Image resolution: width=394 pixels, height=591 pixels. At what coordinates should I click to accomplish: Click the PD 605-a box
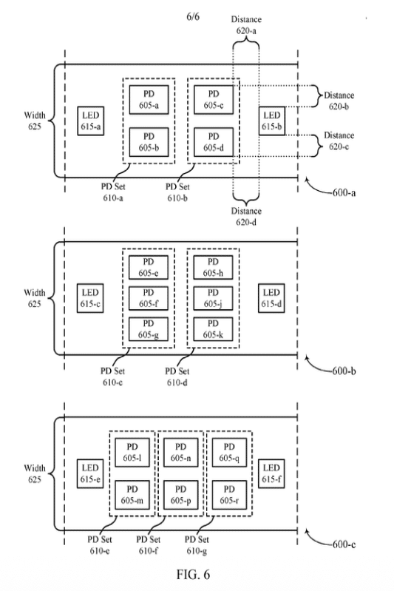pyautogui.click(x=149, y=100)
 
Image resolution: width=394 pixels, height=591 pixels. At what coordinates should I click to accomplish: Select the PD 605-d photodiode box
pyautogui.click(x=214, y=142)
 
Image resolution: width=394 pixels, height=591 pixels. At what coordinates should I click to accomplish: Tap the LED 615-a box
pyautogui.click(x=91, y=121)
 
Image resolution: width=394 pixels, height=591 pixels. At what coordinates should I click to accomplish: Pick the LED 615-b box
pyautogui.click(x=272, y=121)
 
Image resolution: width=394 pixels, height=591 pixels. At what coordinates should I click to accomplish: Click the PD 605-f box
pyautogui.click(x=149, y=298)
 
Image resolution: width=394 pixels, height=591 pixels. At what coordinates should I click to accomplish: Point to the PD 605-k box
pyautogui.click(x=213, y=329)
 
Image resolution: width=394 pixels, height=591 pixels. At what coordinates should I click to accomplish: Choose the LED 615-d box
pyautogui.click(x=271, y=298)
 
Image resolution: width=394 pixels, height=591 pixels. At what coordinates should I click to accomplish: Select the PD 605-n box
pyautogui.click(x=181, y=452)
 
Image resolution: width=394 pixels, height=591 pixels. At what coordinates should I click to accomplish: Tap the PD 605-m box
pyautogui.click(x=132, y=495)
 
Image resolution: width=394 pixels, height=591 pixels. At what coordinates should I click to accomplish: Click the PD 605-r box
pyautogui.click(x=229, y=495)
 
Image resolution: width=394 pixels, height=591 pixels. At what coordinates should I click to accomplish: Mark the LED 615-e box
pyautogui.click(x=90, y=474)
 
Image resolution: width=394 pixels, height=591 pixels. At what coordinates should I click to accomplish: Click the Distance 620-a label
pyautogui.click(x=246, y=25)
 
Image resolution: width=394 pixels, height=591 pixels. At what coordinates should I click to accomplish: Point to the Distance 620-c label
pyautogui.click(x=339, y=141)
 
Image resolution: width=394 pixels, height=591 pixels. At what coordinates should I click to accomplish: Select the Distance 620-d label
pyautogui.click(x=246, y=216)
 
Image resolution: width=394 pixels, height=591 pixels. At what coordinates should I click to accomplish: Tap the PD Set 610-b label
pyautogui.click(x=177, y=192)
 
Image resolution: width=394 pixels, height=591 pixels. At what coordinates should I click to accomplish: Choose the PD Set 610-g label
pyautogui.click(x=197, y=545)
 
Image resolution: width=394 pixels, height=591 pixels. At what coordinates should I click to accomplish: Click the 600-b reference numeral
pyautogui.click(x=344, y=371)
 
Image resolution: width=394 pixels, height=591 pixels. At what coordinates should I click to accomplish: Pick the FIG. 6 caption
pyautogui.click(x=193, y=575)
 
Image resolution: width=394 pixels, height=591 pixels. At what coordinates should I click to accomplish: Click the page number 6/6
pyautogui.click(x=193, y=16)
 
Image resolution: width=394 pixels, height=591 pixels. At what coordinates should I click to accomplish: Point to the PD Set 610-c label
pyautogui.click(x=112, y=376)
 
